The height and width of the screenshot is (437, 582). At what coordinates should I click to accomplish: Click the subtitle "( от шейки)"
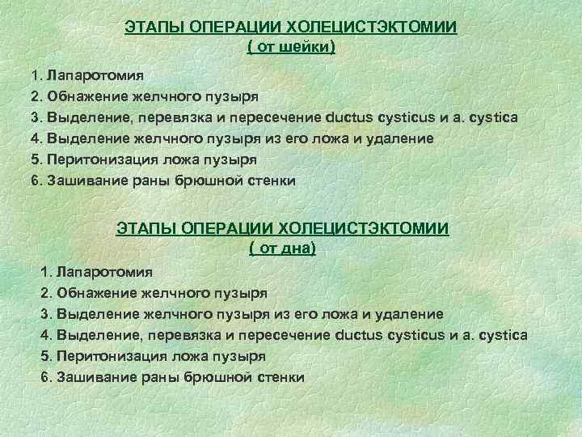[x=290, y=48]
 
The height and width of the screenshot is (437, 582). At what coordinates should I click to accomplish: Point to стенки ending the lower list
[x=276, y=376]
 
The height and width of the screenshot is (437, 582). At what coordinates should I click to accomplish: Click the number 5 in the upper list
[x=36, y=159]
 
